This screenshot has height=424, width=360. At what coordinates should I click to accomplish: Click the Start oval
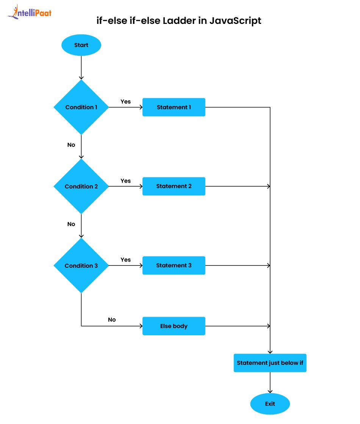(x=81, y=45)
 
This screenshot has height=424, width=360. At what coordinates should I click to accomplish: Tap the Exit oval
(x=270, y=404)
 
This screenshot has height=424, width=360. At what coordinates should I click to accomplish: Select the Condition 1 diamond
(x=81, y=107)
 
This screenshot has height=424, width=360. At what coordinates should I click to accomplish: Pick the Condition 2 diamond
(x=81, y=186)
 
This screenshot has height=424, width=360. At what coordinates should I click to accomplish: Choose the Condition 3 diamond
(x=81, y=265)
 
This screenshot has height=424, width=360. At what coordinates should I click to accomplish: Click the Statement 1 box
(x=174, y=107)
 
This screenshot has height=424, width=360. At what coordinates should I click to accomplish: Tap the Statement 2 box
(x=174, y=186)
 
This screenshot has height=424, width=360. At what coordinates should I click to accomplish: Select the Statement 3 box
(x=174, y=265)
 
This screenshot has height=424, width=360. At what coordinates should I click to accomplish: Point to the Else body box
(x=174, y=326)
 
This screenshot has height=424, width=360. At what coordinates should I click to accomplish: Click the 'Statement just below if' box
(x=270, y=363)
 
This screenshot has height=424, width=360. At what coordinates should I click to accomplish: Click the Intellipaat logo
(x=30, y=13)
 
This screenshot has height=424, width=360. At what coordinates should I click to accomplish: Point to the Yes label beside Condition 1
(x=125, y=102)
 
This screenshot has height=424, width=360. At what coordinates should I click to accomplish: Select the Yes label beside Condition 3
(x=125, y=260)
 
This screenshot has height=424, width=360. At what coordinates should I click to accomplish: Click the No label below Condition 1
(x=71, y=145)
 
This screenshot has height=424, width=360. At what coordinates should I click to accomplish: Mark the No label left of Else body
(x=112, y=320)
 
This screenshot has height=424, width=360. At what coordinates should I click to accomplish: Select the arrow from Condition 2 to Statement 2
(x=125, y=186)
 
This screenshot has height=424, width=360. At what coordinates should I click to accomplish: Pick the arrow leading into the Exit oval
(x=270, y=383)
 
